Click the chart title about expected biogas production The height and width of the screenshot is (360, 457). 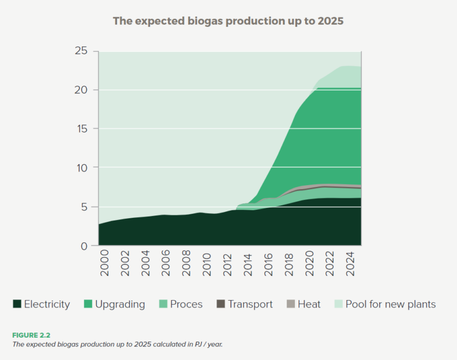tap(228, 21)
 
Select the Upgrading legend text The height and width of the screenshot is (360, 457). tap(121, 305)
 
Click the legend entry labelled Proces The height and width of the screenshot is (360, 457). tap(186, 305)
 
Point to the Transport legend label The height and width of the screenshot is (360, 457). tap(250, 305)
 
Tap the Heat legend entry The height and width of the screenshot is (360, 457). tap(309, 305)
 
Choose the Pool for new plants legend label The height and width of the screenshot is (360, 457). tap(391, 305)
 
